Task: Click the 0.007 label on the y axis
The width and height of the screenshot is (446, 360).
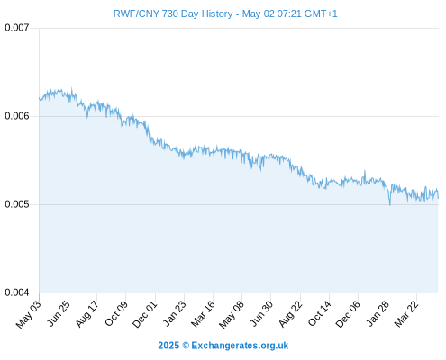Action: tap(17, 28)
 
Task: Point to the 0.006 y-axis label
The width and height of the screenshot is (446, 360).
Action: tap(17, 116)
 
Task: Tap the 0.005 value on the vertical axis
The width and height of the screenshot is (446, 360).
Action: tap(17, 204)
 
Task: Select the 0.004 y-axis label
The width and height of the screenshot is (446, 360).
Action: tap(17, 292)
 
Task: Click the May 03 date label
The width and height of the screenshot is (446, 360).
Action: tap(29, 314)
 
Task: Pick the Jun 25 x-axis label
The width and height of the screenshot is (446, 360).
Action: tap(58, 313)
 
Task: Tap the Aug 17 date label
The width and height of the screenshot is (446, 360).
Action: tap(86, 314)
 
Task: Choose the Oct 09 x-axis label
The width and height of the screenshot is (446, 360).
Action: tap(116, 314)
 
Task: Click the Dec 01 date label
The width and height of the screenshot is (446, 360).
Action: tap(144, 314)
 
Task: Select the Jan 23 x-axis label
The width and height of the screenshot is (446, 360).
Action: tap(174, 313)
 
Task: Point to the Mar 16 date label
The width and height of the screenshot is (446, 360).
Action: tap(203, 314)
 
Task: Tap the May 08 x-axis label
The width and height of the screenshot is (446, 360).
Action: tap(232, 314)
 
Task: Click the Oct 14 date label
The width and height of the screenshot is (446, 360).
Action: tap(319, 314)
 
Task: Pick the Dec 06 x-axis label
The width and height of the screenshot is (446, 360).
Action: tap(348, 314)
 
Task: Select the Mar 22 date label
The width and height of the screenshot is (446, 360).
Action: tap(406, 314)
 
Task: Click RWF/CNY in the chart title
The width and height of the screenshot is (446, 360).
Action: tap(136, 13)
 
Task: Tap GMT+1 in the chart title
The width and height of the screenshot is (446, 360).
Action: tap(321, 13)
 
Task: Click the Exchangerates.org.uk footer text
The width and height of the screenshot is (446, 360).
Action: tap(240, 346)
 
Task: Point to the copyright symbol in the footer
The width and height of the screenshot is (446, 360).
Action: tap(186, 346)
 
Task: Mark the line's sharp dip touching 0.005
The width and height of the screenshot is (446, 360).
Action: tap(390, 204)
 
